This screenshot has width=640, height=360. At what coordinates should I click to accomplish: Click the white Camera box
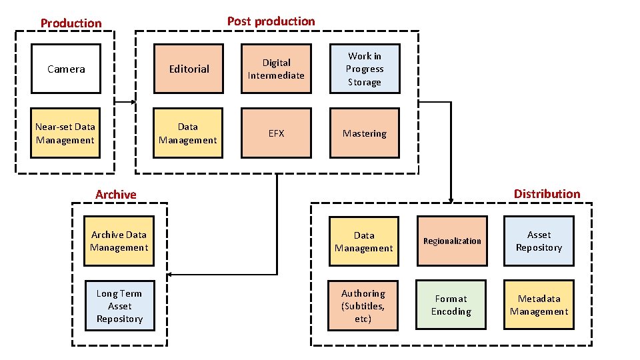point(66,69)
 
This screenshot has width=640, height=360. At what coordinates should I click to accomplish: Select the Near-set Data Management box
point(65,133)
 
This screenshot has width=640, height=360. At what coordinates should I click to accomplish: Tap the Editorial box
point(189,69)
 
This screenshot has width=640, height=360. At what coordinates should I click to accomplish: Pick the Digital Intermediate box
point(276,69)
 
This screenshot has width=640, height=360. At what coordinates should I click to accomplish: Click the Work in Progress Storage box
point(364,69)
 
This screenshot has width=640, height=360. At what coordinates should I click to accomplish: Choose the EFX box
point(276,133)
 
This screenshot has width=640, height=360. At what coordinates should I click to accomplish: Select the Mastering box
point(364,133)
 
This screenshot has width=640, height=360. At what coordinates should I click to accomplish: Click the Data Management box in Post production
point(188,133)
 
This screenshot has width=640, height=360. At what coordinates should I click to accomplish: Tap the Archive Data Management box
point(119,241)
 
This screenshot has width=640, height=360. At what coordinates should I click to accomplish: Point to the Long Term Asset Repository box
point(119,306)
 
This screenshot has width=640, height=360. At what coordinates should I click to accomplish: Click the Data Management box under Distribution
point(363,241)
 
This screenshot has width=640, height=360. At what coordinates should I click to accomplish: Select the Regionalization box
point(452,241)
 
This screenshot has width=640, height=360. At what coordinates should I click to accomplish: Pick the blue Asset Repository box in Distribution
point(539,241)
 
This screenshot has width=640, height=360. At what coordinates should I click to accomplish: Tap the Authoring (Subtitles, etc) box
point(363,306)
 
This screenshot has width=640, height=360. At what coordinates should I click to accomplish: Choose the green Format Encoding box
point(451,305)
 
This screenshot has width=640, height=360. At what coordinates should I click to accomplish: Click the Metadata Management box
point(539,305)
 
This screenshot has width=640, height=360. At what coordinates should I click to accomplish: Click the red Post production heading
point(271,21)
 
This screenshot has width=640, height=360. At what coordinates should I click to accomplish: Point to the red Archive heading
point(115,195)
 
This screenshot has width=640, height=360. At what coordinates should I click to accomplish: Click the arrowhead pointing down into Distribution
point(451,199)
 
